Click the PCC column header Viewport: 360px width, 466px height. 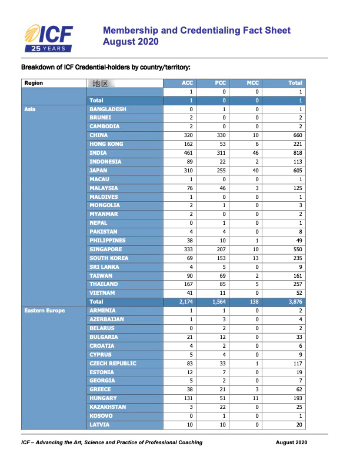tap(221, 83)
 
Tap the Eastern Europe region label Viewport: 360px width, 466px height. tap(45, 311)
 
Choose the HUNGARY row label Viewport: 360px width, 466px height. tap(104, 398)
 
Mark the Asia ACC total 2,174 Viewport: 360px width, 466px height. tap(182, 302)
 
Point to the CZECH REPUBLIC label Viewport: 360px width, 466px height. tap(112, 364)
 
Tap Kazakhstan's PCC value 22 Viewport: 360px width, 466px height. tap(221, 407)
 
